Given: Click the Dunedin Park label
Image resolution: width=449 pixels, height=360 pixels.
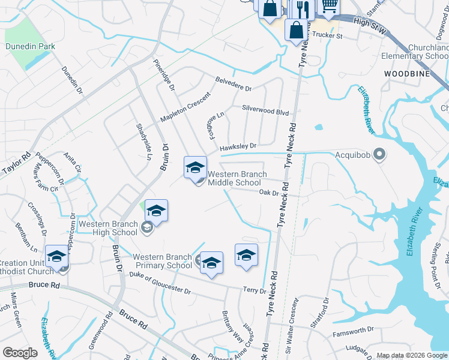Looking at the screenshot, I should (x=30, y=46).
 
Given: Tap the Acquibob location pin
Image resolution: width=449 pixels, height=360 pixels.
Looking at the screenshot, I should (x=379, y=155).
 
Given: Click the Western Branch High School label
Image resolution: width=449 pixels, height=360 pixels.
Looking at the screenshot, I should (x=108, y=228).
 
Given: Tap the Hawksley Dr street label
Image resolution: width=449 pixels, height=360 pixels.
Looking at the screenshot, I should (x=238, y=146).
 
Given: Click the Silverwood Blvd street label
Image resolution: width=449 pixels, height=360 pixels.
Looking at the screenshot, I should (x=265, y=111).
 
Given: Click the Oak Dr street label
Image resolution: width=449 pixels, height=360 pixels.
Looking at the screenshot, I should (x=269, y=193).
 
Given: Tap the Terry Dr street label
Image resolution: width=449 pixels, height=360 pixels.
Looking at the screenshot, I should (x=254, y=290).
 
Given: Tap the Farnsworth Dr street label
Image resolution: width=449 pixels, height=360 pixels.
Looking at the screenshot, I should (x=354, y=329).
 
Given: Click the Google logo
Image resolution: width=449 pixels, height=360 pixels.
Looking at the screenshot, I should (x=20, y=353).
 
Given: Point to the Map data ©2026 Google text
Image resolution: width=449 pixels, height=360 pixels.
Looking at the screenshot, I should (x=412, y=355).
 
